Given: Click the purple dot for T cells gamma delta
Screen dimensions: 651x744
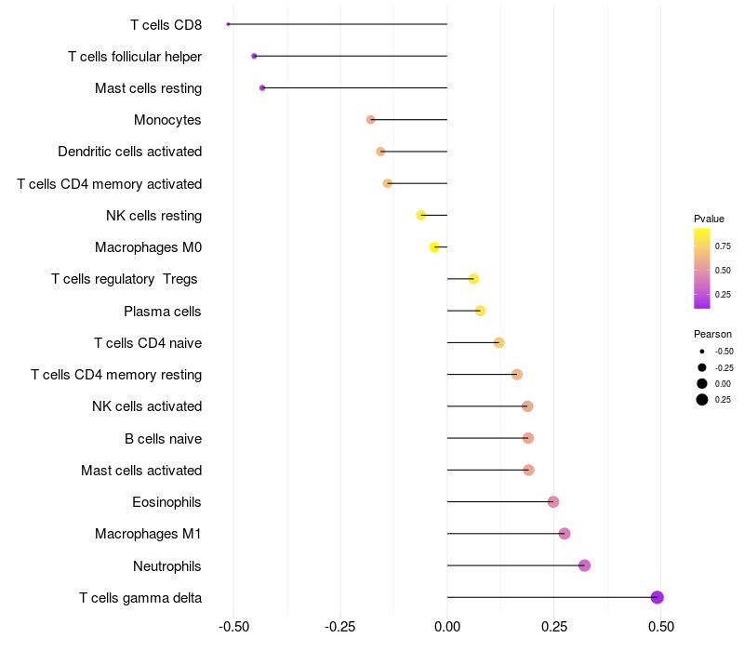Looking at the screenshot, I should pyautogui.click(x=657, y=597).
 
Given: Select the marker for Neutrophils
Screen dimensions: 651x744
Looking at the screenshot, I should pyautogui.click(x=584, y=565).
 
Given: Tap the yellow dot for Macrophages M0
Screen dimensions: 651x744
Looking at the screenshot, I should pyautogui.click(x=434, y=246).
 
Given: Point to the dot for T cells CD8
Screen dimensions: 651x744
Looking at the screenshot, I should pyautogui.click(x=228, y=24).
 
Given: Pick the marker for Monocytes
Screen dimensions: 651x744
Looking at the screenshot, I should pyautogui.click(x=371, y=120).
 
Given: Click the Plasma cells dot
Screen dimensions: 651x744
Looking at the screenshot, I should pyautogui.click(x=480, y=311).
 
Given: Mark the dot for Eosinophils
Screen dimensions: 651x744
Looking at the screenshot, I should pyautogui.click(x=553, y=502).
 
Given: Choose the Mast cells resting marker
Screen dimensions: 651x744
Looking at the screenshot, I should pyautogui.click(x=262, y=87).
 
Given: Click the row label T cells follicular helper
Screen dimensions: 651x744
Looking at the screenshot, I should pyautogui.click(x=135, y=57).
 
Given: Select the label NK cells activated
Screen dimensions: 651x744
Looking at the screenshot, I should pyautogui.click(x=147, y=406).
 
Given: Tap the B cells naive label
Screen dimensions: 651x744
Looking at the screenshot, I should pyautogui.click(x=163, y=438).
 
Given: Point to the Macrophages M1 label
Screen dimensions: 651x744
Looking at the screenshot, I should pyautogui.click(x=148, y=534).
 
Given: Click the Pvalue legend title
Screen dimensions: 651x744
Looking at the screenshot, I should pyautogui.click(x=709, y=219).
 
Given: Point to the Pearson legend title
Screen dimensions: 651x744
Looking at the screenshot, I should pyautogui.click(x=712, y=334).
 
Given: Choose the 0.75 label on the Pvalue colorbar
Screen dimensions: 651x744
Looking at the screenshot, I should pyautogui.click(x=723, y=246).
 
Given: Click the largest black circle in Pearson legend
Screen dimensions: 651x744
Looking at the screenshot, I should pyautogui.click(x=701, y=400).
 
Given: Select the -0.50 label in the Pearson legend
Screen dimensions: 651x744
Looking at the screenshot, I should pyautogui.click(x=724, y=352).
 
